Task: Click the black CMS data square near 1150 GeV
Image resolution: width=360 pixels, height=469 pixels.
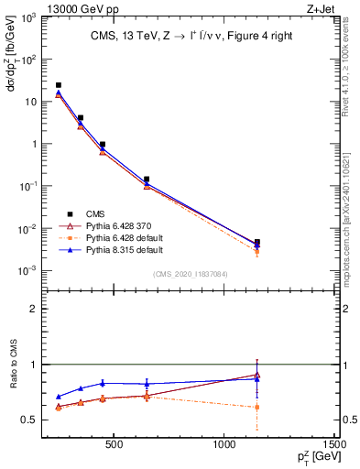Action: [257, 242]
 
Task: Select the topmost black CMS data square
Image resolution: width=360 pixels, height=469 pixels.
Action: [59, 85]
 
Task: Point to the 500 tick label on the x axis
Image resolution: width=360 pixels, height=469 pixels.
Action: [114, 446]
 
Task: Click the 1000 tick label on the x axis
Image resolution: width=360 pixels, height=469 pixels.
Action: [224, 446]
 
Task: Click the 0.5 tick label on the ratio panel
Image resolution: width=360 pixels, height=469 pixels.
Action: [33, 420]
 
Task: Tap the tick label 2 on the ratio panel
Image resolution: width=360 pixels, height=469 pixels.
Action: [37, 309]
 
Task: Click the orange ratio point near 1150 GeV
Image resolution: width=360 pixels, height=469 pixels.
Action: [257, 407]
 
